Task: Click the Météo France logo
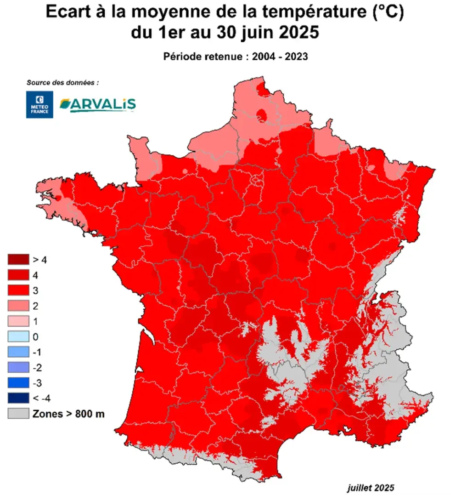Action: coord(39,104)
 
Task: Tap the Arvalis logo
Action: coord(98,104)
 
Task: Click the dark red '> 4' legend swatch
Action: coord(17,260)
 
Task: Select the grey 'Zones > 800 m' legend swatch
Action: coord(17,413)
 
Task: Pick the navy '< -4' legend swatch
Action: coord(17,398)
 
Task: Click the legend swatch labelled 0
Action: coord(17,336)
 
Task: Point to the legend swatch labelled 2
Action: coord(17,306)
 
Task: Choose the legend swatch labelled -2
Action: coord(17,367)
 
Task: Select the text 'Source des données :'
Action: coord(62,83)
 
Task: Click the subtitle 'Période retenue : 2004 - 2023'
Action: coord(235,57)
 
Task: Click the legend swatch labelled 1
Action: coord(17,321)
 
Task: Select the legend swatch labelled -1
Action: coord(17,352)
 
